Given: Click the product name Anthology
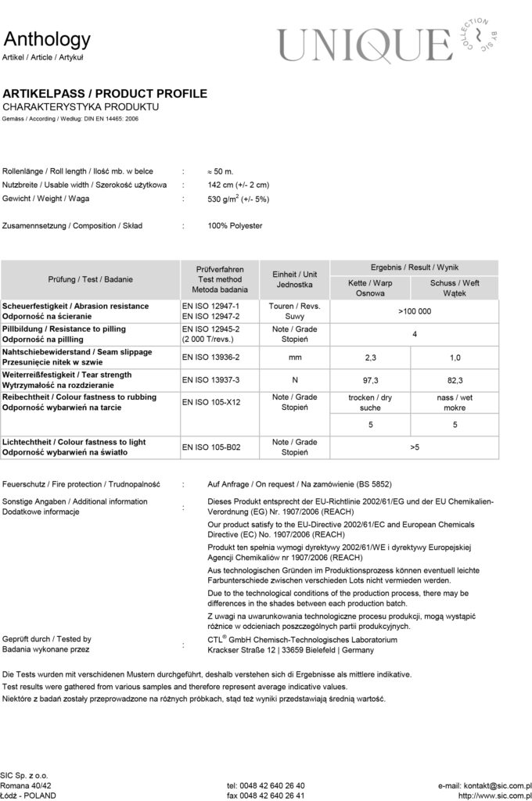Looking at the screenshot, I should click(x=47, y=39).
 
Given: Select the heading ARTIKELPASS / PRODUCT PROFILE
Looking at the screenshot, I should click(x=105, y=94).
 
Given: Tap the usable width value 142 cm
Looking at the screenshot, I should click(x=239, y=185).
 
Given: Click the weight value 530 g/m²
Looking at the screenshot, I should click(x=238, y=199).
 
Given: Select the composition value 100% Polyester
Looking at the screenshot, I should click(x=235, y=225).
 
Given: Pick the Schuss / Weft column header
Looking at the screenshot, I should click(x=455, y=288).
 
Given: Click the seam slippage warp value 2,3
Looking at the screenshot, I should click(x=372, y=357).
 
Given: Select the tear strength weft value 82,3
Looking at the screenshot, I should click(x=455, y=380).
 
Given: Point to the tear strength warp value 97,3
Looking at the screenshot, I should click(x=372, y=380).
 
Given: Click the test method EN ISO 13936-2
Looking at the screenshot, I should click(x=210, y=357).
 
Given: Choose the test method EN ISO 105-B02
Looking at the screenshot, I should click(x=211, y=447).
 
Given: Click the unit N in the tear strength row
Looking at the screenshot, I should click(x=294, y=380).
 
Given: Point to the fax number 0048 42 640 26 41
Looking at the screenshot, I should click(x=266, y=795).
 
